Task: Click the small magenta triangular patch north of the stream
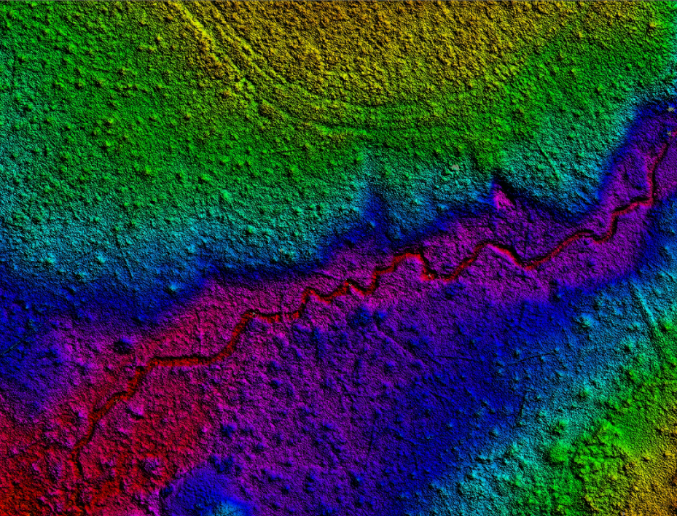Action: [x=501, y=197]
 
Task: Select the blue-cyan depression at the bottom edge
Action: [x=211, y=496]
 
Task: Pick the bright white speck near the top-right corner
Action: [x=668, y=109]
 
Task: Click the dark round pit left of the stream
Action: [x=123, y=345]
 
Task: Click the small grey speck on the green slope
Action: [x=455, y=167]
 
